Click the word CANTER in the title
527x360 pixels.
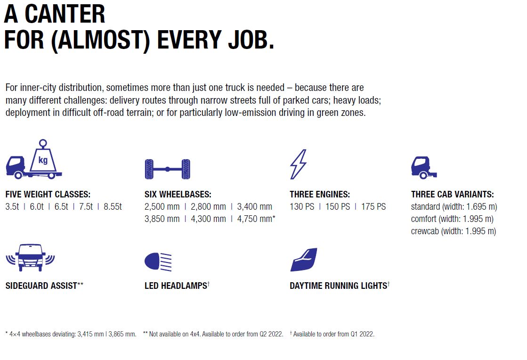click(65, 15)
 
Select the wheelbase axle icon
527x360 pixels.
click(167, 169)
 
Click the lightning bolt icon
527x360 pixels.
click(298, 164)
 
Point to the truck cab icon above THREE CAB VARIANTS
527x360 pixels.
click(424, 167)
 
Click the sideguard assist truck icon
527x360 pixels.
click(30, 257)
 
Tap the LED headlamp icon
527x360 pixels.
click(158, 262)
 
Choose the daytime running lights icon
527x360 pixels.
click(304, 260)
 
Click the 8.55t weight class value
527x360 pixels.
click(113, 207)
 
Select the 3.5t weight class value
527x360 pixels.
click(12, 207)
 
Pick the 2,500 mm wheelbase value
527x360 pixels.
click(162, 207)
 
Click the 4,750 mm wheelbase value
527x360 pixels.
click(256, 219)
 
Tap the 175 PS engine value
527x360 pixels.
click(373, 207)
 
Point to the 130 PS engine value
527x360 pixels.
click(302, 207)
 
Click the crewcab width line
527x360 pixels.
click(454, 231)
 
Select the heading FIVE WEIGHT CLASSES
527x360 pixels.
click(48, 194)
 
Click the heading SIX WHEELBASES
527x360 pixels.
click(178, 194)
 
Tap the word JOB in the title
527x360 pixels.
click(249, 40)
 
